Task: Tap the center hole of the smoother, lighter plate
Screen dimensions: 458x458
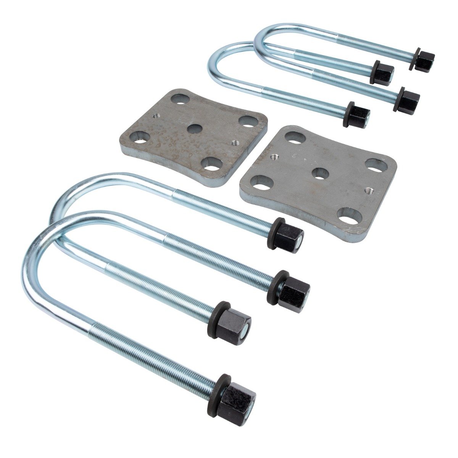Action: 320,173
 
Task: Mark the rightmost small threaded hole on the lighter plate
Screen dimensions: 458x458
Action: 368,190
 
